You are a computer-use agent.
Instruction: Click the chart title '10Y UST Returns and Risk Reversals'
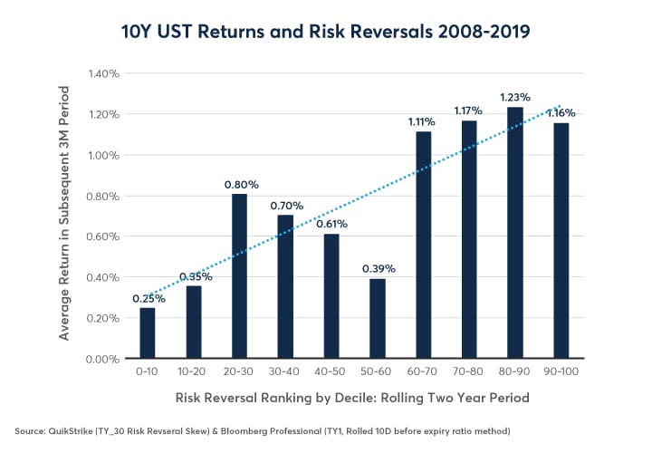pyautogui.click(x=325, y=31)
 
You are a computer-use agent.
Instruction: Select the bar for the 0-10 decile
pyautogui.click(x=147, y=333)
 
